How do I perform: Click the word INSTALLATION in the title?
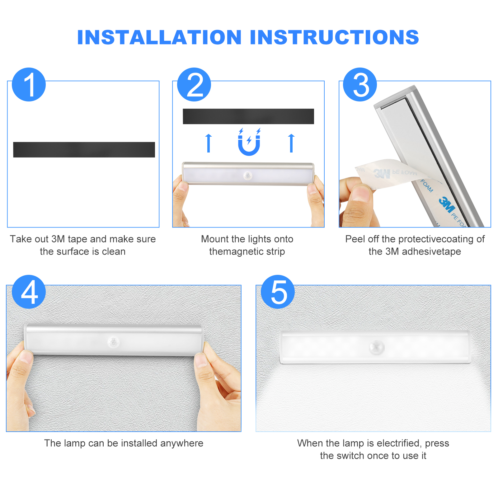(159, 37)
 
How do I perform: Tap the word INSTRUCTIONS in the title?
(335, 37)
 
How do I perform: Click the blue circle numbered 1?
(29, 84)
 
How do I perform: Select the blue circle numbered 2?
(194, 84)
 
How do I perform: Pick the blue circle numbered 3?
(360, 84)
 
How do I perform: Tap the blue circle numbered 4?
(29, 292)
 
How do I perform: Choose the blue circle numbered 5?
(278, 292)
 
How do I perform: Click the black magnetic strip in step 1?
(84, 150)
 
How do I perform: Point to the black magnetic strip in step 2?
(248, 116)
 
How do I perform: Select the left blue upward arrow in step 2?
(209, 143)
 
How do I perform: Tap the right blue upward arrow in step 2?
(291, 143)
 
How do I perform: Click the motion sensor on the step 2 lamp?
(248, 176)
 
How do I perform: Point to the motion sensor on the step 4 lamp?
(113, 343)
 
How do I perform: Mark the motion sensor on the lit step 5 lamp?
(377, 348)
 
